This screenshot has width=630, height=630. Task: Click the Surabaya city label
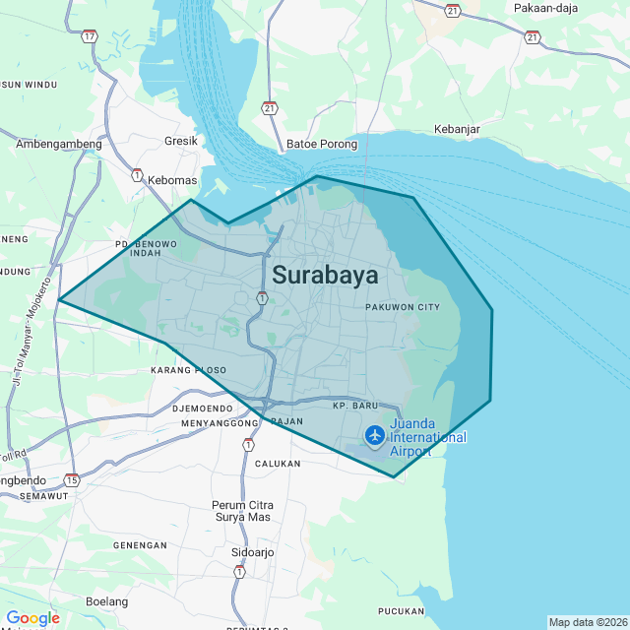(325, 275)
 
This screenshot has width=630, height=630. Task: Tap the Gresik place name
(181, 141)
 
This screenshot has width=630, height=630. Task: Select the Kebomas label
(172, 180)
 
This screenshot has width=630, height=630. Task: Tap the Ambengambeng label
(59, 144)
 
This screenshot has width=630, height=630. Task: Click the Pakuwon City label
(402, 307)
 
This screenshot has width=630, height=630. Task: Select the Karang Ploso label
(188, 370)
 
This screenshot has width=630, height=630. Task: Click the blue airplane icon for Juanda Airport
(375, 434)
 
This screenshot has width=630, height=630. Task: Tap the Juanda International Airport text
(428, 438)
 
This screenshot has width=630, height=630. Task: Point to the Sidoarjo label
(253, 553)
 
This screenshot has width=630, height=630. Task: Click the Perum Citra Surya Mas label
(241, 511)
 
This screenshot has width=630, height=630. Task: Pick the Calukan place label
(278, 463)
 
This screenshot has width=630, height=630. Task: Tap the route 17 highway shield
(90, 36)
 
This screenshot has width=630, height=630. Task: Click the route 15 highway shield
(72, 479)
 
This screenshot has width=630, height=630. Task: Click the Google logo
(32, 618)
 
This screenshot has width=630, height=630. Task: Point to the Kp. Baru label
(355, 406)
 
